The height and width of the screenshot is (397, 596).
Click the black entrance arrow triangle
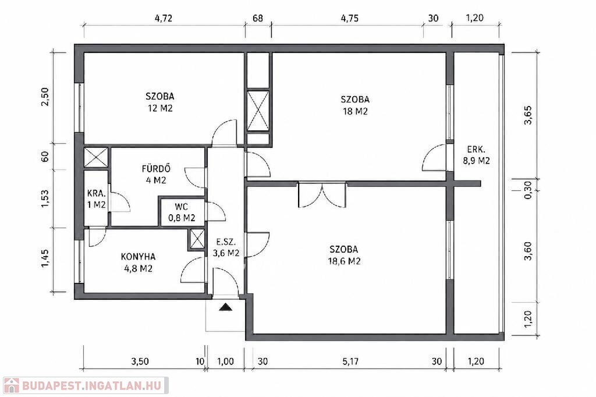point(225,307)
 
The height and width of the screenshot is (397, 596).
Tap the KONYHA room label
point(138,257)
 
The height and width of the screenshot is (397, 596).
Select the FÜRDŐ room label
point(156,168)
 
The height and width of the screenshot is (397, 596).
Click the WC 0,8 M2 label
point(182,212)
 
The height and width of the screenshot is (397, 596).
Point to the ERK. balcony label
point(476,149)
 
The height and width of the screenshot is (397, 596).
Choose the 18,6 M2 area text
point(343,261)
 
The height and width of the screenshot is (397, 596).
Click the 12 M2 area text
point(160,108)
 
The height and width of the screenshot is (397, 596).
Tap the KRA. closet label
point(96,193)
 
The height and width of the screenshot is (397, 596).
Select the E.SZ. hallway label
point(226,242)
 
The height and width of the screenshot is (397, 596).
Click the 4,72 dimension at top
point(164,18)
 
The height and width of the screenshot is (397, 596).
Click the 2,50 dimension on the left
point(45,97)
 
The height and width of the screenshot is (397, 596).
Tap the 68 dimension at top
point(258,18)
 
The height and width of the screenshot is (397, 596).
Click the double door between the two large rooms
point(322,195)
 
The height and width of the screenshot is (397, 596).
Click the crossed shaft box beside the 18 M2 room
point(258,110)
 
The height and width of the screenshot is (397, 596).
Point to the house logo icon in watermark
point(11,385)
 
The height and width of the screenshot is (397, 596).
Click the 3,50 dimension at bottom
point(140,361)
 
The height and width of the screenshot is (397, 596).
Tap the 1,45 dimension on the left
point(45,258)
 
